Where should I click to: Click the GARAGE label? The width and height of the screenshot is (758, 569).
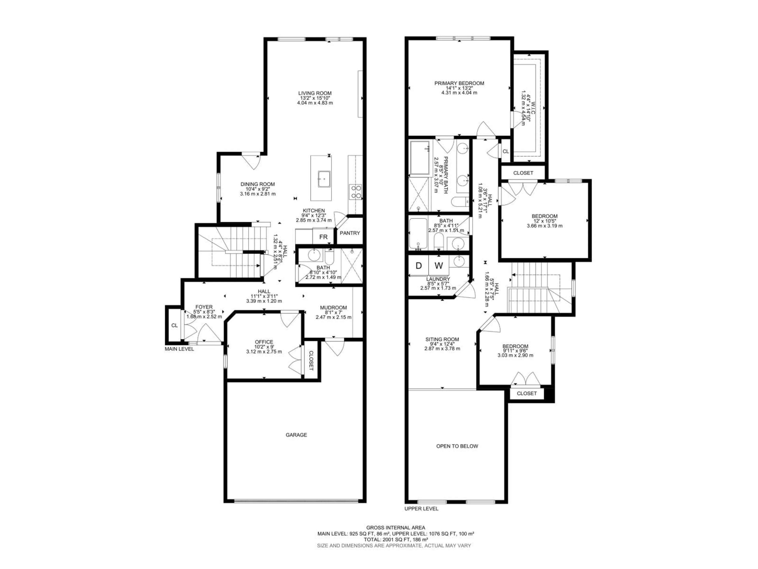(296, 435)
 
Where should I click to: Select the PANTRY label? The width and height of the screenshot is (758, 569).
(350, 233)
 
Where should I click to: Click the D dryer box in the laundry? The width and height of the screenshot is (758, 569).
(418, 266)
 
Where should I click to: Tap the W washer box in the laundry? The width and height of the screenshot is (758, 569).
(439, 266)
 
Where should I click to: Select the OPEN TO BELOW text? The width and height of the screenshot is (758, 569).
(457, 446)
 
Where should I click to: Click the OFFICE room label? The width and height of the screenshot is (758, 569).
(264, 342)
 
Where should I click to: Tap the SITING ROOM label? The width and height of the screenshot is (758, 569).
(442, 339)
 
